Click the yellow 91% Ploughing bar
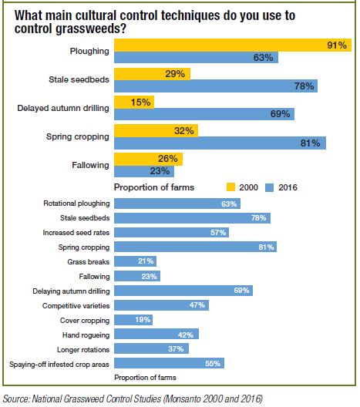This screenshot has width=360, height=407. coord(233,45)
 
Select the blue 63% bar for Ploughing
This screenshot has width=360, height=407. coord(197,57)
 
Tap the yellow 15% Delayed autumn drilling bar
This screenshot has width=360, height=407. coord(134,102)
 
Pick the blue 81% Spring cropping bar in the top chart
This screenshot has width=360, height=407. coord(220,143)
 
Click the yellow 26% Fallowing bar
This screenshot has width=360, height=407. coord(149,159)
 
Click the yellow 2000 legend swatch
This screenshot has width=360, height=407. coord(230,187)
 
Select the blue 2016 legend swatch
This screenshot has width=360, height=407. coord(269,187)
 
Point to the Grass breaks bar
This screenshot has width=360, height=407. coord(135,261)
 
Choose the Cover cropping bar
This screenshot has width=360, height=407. coord(133,320)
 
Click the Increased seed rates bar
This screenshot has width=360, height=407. coord(172,232)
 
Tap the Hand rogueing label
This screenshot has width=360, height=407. coord(86,335)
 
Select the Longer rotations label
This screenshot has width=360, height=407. coord(83,350)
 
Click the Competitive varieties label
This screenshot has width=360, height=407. coord(76,306)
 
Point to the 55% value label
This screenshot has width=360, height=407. coord(213,363)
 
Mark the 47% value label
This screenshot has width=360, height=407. coord(197,304)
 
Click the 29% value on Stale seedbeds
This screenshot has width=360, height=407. coord(175,74)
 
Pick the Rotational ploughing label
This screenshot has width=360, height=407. coord(76,203)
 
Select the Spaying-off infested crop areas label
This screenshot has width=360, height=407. coord(59,365)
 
